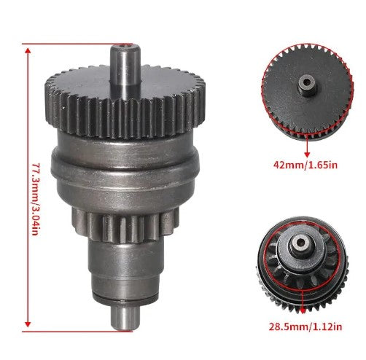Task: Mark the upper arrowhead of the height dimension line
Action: (27, 45)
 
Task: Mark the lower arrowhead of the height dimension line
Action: (27, 325)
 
